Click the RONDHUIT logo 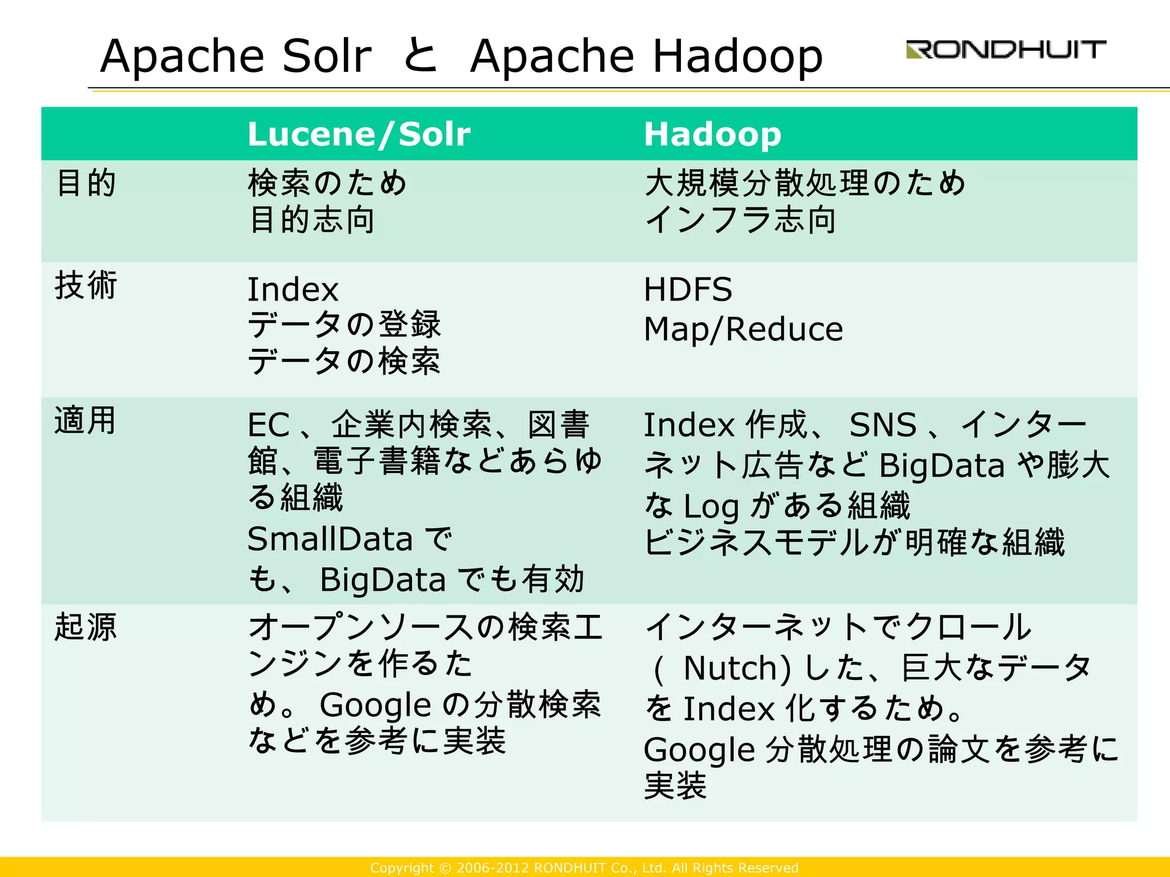click(x=1005, y=50)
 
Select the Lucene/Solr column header click(x=359, y=134)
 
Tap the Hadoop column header click(x=712, y=134)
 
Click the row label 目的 click(x=86, y=183)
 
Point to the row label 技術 click(x=86, y=285)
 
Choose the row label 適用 click(x=86, y=421)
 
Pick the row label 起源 click(x=86, y=626)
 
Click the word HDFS click(x=688, y=289)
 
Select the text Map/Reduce click(x=743, y=329)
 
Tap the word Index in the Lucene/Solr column click(x=293, y=289)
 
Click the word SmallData click(x=330, y=539)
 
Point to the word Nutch click(x=737, y=668)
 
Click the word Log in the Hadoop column click(x=711, y=506)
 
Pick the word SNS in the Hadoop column click(x=883, y=425)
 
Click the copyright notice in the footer click(x=584, y=868)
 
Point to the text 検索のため click(x=327, y=183)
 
